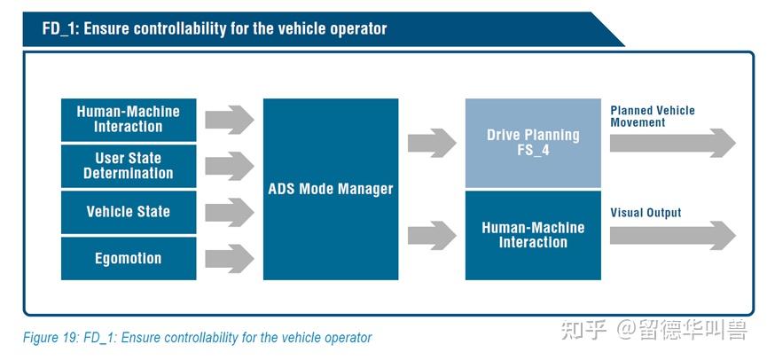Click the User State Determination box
pos(129,166)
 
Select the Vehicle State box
pos(129,212)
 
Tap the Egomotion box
pos(129,258)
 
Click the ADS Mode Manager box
pos(331,189)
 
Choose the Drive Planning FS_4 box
pos(533,143)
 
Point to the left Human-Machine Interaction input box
pos(129,120)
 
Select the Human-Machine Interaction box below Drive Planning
pos(533,235)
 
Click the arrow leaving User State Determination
pos(229,166)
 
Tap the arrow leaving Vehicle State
pos(229,212)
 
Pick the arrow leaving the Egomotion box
pos(229,258)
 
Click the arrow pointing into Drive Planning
pos(432,143)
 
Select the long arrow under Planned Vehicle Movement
pos(672,143)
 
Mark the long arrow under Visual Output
pos(672,235)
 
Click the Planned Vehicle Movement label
pos(652,116)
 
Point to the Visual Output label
pos(646,213)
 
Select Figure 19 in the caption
pos(51,338)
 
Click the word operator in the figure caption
pos(347,338)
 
